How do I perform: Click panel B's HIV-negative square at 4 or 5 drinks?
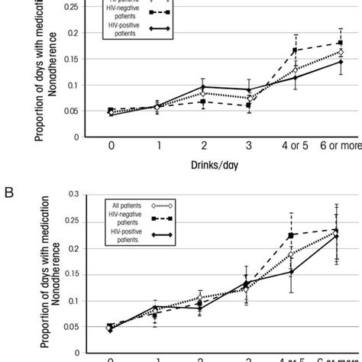(291, 235)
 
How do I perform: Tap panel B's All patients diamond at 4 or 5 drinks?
(291, 254)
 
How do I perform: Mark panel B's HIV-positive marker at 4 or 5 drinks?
(291, 271)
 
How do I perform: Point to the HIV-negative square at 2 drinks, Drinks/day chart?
(203, 102)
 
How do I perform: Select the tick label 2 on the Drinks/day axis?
(203, 146)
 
